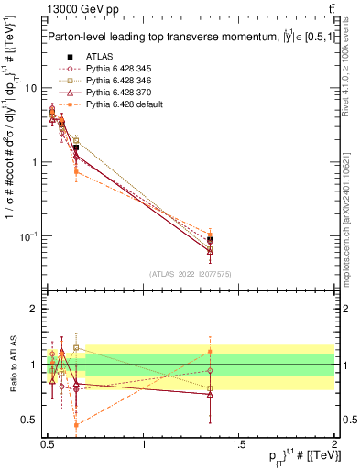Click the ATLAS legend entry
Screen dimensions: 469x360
point(99,58)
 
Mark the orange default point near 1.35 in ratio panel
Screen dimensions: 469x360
point(211,351)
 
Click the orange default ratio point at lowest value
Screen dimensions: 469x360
point(76,425)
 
